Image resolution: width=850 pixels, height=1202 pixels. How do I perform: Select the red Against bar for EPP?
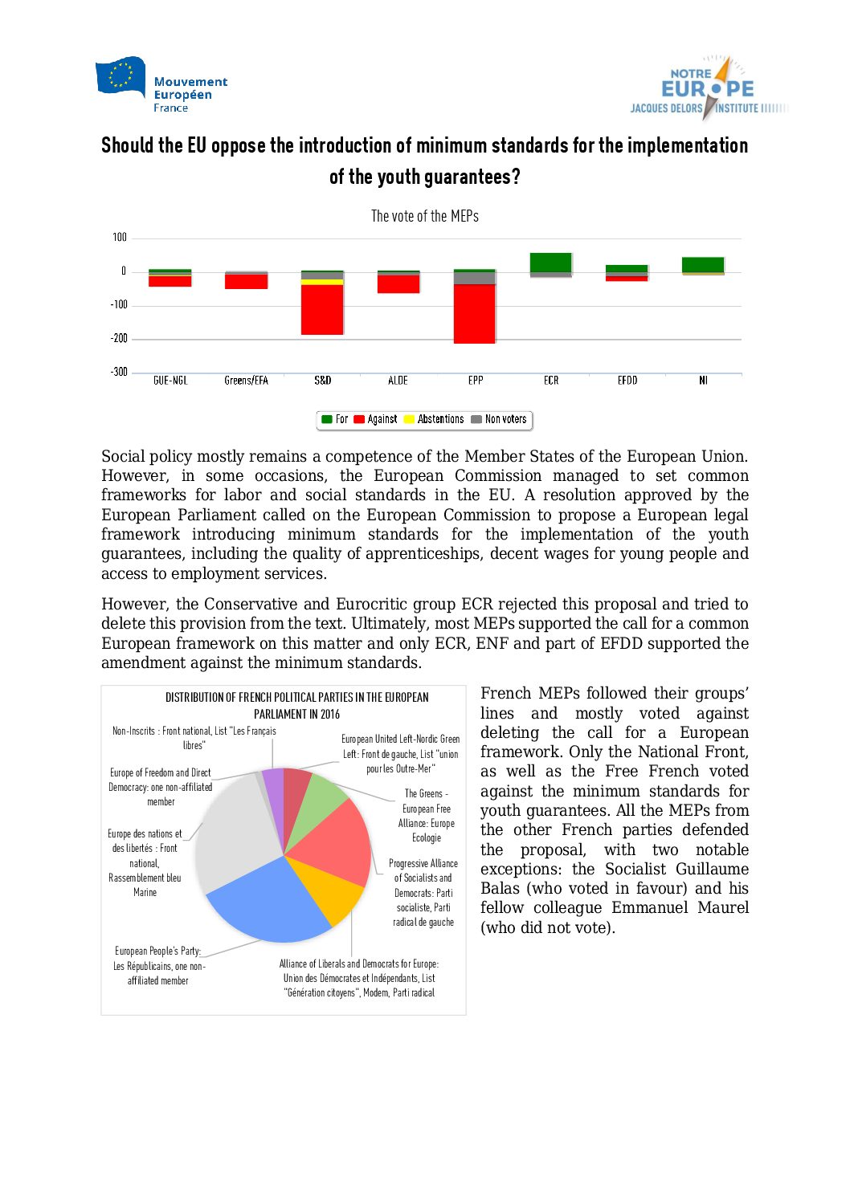(474, 314)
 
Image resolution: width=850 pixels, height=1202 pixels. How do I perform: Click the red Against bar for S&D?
(322, 309)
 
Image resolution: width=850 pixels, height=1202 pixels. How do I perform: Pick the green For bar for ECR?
(550, 263)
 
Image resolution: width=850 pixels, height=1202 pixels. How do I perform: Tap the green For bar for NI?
(702, 265)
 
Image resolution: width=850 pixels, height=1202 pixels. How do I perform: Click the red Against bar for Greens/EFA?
(246, 281)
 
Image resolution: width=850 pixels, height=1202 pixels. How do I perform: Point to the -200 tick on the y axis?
(119, 338)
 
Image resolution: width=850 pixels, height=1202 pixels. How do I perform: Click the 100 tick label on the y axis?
(119, 238)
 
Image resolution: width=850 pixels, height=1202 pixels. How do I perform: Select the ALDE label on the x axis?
(398, 381)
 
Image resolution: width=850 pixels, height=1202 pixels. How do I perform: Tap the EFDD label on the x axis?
(627, 381)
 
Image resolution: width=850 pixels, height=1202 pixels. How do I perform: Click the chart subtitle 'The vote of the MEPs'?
(424, 216)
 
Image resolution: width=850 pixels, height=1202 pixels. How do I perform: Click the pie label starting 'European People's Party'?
(158, 965)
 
